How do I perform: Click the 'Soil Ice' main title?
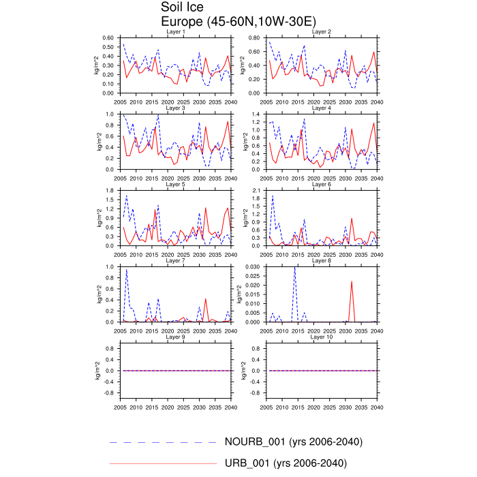coord(183,7)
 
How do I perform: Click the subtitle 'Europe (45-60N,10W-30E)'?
coord(234,22)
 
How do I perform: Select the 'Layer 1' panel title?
coord(176,32)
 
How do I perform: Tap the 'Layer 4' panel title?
coord(322,108)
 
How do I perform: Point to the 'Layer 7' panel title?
coord(176,260)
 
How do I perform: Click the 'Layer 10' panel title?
coord(322,337)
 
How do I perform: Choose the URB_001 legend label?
coord(286,463)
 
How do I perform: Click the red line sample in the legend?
coord(163,464)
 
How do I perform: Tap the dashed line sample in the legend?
coord(163,442)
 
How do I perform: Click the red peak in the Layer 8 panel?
coord(352,281)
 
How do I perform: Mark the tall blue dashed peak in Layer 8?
coord(295,268)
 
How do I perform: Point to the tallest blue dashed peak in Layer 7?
coord(127,270)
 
